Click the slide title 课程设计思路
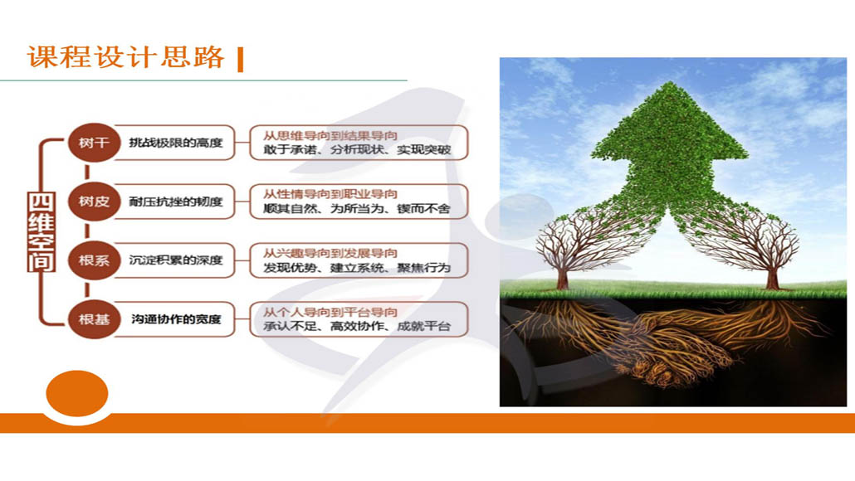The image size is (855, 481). (125, 57)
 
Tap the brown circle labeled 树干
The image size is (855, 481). (94, 143)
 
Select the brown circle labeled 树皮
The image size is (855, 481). (94, 202)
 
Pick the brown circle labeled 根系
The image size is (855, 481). (94, 260)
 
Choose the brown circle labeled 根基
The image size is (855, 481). (94, 319)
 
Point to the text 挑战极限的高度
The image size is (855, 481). (176, 143)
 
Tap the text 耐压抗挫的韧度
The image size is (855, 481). (176, 202)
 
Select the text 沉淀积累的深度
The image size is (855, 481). (176, 260)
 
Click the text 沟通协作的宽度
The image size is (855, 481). (176, 319)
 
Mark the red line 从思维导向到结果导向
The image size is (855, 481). (330, 136)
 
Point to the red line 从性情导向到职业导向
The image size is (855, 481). (330, 194)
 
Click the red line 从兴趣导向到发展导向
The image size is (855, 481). (330, 253)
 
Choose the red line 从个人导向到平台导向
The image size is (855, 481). (330, 312)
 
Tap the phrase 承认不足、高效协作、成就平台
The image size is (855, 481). (357, 327)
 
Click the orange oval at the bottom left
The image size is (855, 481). (77, 393)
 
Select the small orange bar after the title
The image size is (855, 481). (241, 60)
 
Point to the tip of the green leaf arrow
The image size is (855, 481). (669, 82)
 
